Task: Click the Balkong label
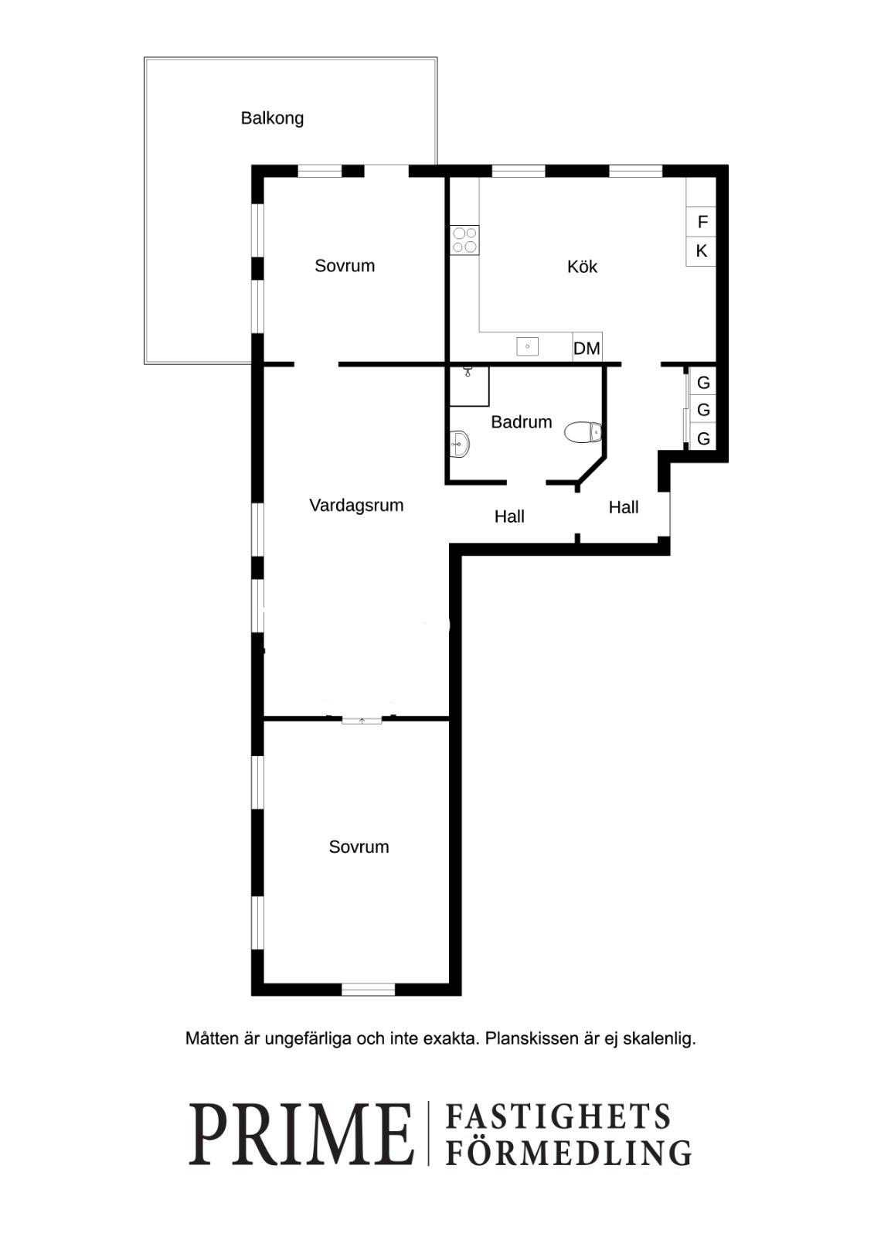272,119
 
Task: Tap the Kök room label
582,267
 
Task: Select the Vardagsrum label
356,506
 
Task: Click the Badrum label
521,422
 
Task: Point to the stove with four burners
464,240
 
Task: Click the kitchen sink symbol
527,346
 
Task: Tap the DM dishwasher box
587,348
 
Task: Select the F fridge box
701,222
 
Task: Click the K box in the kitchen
701,251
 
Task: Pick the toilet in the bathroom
583,432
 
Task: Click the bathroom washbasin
459,444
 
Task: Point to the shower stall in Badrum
469,387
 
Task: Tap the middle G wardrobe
703,410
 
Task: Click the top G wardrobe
703,382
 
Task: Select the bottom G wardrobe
703,438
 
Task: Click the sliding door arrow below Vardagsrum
362,720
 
